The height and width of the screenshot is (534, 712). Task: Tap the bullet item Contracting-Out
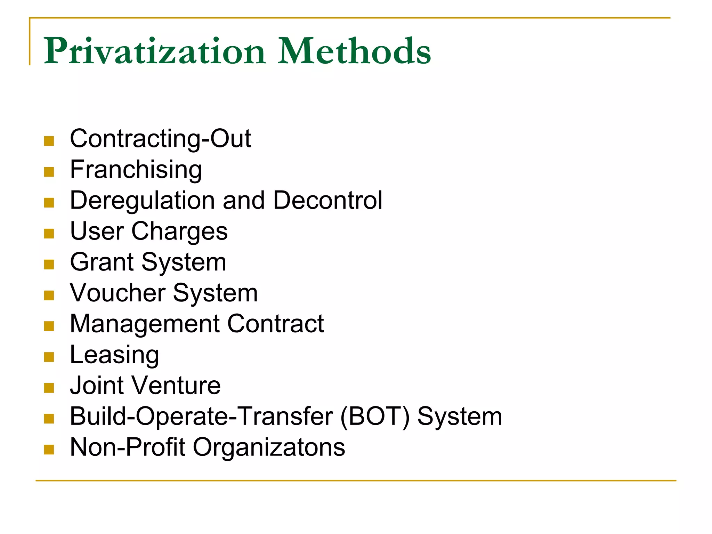(x=160, y=139)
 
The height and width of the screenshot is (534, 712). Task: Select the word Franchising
(x=136, y=170)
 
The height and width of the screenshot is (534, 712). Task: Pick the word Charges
(x=179, y=232)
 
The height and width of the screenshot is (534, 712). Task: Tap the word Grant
(x=102, y=262)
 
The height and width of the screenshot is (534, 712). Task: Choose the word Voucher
(x=118, y=293)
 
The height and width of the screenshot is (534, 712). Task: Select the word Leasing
(x=114, y=355)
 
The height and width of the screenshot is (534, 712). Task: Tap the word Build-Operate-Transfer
(x=201, y=416)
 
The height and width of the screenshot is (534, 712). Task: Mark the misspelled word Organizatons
(x=269, y=447)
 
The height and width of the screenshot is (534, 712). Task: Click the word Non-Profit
(x=127, y=447)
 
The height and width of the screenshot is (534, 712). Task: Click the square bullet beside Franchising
(x=49, y=172)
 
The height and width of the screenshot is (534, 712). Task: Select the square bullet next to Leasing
(x=49, y=357)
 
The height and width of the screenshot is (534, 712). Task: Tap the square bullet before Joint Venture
(x=49, y=388)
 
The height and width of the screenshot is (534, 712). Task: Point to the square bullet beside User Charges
(x=49, y=234)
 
